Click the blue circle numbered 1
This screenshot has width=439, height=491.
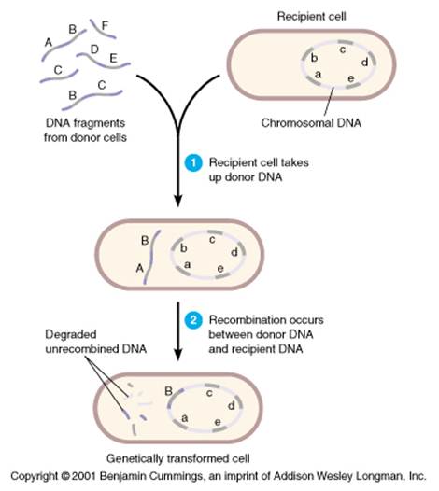tap(193, 163)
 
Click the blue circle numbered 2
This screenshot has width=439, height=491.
tap(193, 320)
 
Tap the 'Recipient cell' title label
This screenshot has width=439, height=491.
tap(311, 16)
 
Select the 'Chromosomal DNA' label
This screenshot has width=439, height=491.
tap(311, 123)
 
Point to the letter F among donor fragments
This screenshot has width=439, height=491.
tap(105, 25)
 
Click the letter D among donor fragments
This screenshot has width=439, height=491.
tap(94, 49)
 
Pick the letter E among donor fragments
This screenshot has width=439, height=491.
tap(113, 58)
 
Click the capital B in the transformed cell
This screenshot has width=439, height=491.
tap(168, 391)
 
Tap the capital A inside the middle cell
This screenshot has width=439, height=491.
tap(140, 268)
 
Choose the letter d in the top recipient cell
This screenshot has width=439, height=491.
tap(364, 63)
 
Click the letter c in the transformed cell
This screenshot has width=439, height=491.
tap(209, 393)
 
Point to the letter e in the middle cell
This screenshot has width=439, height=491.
tap(220, 268)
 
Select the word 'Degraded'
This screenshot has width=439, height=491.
tap(70, 335)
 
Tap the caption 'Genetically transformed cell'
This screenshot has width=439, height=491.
tap(178, 458)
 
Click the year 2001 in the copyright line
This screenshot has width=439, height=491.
tap(83, 476)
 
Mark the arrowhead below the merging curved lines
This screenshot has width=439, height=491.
tap(178, 202)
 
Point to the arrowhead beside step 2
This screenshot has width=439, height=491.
tap(178, 355)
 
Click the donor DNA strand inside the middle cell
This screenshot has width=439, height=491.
tap(152, 257)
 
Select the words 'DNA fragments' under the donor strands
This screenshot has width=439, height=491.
tap(85, 123)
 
